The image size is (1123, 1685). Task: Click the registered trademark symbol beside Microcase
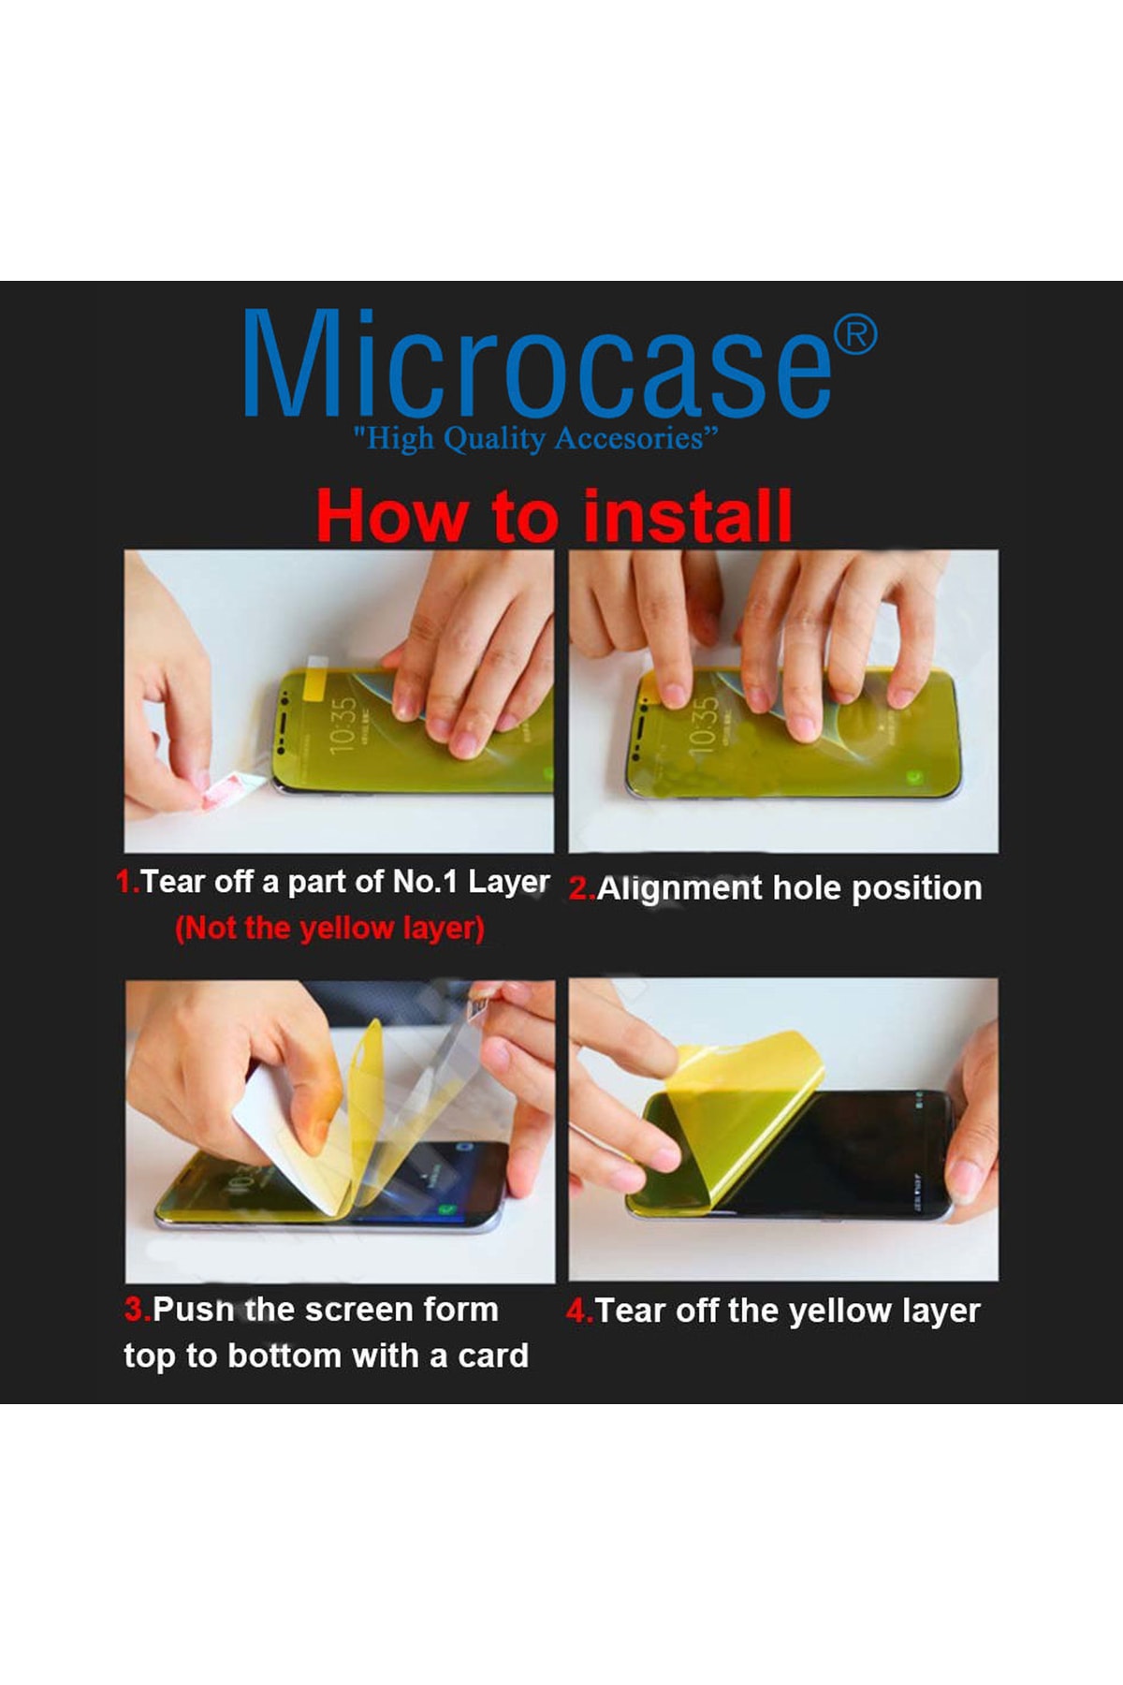[855, 335]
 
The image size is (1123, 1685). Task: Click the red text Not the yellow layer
[329, 929]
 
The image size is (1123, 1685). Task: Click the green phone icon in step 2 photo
[911, 776]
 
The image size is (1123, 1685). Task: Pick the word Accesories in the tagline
[634, 438]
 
